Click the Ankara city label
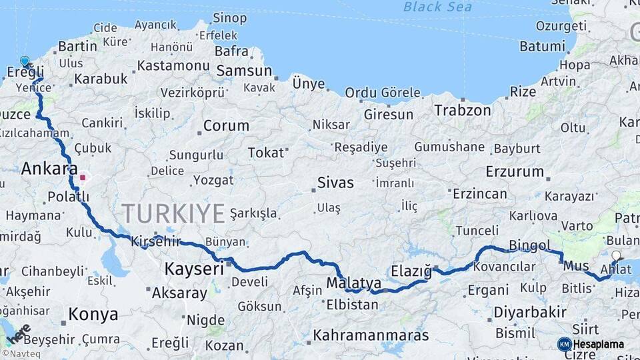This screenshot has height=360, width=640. point(49,168)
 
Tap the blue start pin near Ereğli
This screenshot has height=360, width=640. point(25,61)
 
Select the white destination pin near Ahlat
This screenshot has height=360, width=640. point(615,255)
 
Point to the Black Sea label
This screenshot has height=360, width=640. point(437,7)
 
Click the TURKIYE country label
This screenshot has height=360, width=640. point(173,214)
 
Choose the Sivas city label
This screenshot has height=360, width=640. point(335,182)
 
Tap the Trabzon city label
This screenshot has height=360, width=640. point(463,110)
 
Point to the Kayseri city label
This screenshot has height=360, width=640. point(193,269)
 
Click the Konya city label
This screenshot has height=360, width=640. point(93,314)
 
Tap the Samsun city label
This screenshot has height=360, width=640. point(244,71)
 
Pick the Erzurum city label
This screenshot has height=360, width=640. point(515,171)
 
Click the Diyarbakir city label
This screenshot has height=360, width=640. point(530,311)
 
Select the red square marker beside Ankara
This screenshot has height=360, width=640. point(83,178)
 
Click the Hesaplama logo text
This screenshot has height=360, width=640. point(599,344)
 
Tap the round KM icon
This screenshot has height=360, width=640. point(565,344)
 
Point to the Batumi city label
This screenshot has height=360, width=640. point(542,47)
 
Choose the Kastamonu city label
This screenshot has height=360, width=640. point(173,65)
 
